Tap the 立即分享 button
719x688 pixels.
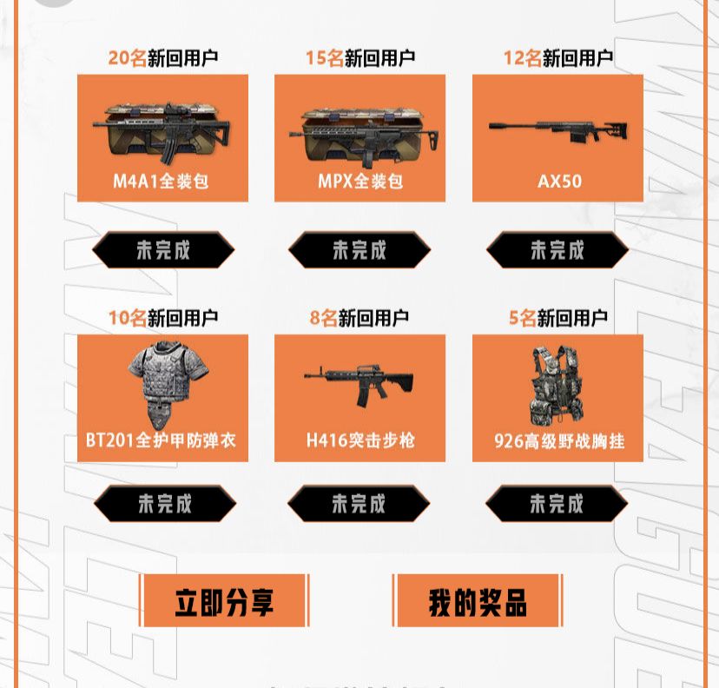(224, 601)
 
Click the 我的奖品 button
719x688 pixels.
(478, 601)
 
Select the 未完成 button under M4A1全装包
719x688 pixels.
(163, 250)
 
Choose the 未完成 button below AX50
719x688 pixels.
(557, 250)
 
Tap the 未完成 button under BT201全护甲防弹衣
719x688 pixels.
(165, 504)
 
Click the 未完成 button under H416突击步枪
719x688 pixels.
(359, 504)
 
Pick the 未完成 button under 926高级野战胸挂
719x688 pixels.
(557, 504)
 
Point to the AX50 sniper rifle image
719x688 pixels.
(558, 129)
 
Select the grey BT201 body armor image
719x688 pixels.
(168, 384)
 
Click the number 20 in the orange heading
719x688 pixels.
(118, 58)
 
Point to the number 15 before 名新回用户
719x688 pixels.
(315, 58)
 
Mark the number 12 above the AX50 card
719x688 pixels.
(513, 58)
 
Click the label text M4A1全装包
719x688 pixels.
(161, 182)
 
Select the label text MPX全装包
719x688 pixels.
(360, 182)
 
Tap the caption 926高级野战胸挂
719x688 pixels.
(559, 441)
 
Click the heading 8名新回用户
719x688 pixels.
(359, 318)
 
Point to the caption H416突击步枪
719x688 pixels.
(360, 440)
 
